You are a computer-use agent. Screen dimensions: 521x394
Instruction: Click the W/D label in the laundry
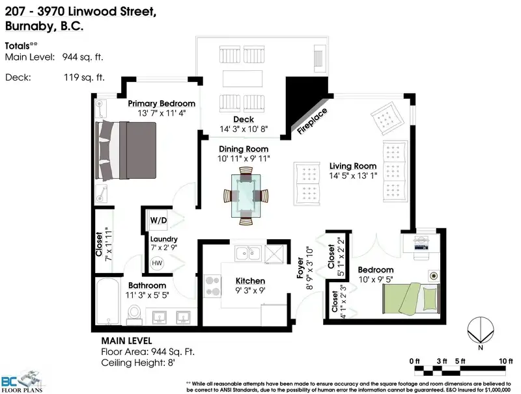coord(158,220)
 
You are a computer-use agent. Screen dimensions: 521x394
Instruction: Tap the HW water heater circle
coord(157,263)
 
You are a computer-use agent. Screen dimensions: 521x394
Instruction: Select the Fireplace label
coord(312,121)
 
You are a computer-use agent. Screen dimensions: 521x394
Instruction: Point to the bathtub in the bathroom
coord(107,302)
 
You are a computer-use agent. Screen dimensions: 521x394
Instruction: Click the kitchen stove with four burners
coord(212,286)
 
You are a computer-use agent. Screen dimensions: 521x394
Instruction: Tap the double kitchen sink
coord(248,254)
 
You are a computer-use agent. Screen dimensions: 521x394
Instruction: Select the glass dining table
coord(246,196)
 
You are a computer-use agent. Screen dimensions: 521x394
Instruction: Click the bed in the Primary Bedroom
coord(126,151)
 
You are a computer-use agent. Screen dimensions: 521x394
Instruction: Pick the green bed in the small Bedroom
coord(411,298)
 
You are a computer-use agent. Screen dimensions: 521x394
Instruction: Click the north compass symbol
coord(481,332)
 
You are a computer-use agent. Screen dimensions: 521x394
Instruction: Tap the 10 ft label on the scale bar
coord(506,361)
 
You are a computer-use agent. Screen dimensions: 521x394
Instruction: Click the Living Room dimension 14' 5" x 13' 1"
coord(353,176)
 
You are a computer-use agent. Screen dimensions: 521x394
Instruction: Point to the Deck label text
coord(244,120)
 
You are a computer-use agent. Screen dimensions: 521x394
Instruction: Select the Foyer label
coord(300,268)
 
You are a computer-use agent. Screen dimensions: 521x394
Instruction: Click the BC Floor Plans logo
coord(22,382)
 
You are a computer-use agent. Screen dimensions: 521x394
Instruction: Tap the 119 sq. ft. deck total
coord(84,77)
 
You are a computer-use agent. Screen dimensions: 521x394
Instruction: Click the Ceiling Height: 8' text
coord(138,363)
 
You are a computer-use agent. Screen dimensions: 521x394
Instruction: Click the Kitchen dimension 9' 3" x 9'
coord(250,291)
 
